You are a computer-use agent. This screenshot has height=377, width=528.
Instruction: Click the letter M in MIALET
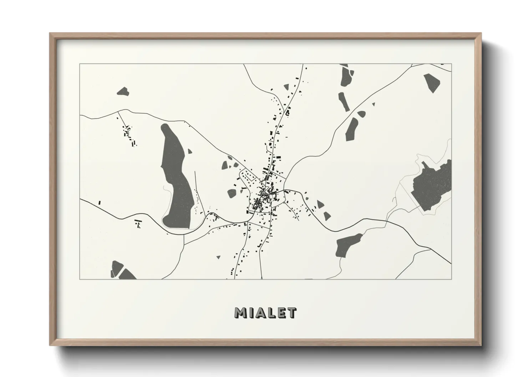click(x=241, y=313)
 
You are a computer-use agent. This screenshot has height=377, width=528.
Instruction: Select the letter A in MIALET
click(x=262, y=313)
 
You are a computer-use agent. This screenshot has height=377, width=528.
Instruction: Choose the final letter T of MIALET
click(x=292, y=313)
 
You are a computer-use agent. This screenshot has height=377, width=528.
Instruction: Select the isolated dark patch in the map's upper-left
click(x=123, y=92)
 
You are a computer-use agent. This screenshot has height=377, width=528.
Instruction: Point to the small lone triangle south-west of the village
click(x=218, y=257)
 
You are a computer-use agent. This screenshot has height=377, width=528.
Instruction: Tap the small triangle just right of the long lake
click(x=190, y=151)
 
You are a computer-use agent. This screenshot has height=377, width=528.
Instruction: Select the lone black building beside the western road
click(x=100, y=203)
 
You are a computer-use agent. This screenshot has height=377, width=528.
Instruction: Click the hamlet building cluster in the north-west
click(x=128, y=134)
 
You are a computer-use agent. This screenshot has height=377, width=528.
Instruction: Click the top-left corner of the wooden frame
click(x=50, y=33)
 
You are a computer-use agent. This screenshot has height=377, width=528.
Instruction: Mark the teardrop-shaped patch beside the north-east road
click(x=361, y=114)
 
